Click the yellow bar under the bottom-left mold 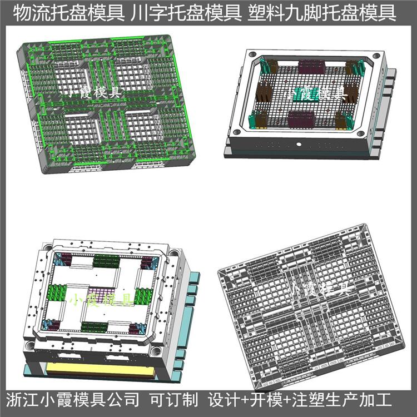(100, 370)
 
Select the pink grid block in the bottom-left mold (101, 295)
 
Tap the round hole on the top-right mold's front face (299, 145)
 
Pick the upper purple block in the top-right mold (311, 67)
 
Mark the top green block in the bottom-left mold (106, 261)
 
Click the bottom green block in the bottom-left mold (95, 327)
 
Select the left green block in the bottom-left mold (57, 293)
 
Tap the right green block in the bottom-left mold (143, 296)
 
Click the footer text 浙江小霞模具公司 (72, 400)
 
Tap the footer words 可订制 (174, 400)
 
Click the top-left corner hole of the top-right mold (252, 54)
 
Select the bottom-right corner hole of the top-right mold (361, 133)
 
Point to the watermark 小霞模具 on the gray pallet (321, 289)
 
